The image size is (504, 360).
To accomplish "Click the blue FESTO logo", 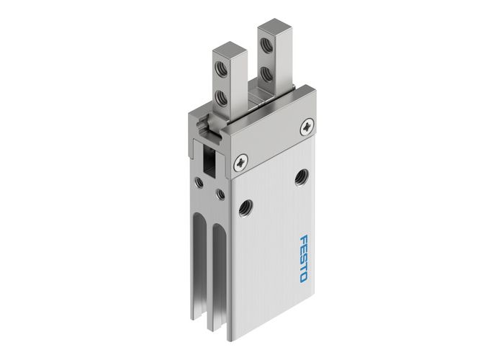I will (302, 257).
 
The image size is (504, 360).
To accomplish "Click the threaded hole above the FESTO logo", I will (300, 175).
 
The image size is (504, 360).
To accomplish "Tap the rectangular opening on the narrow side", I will (211, 156).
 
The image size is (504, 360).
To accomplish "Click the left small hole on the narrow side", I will (199, 183).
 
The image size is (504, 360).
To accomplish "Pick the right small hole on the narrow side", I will (220, 194).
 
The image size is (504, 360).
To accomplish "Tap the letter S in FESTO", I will (302, 256).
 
